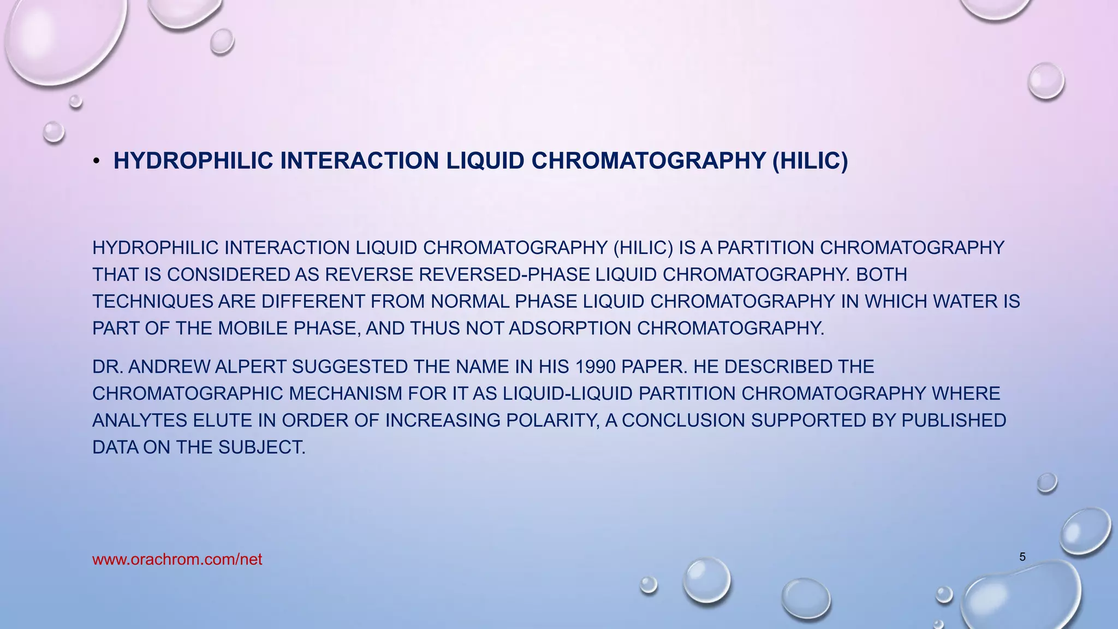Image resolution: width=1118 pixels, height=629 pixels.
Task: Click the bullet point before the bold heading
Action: [x=96, y=161]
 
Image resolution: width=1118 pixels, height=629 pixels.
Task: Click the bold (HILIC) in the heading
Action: [x=810, y=161]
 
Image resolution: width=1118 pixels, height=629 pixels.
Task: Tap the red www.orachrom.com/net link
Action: [x=177, y=560]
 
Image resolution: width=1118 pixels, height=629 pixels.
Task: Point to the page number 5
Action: [x=1022, y=557]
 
